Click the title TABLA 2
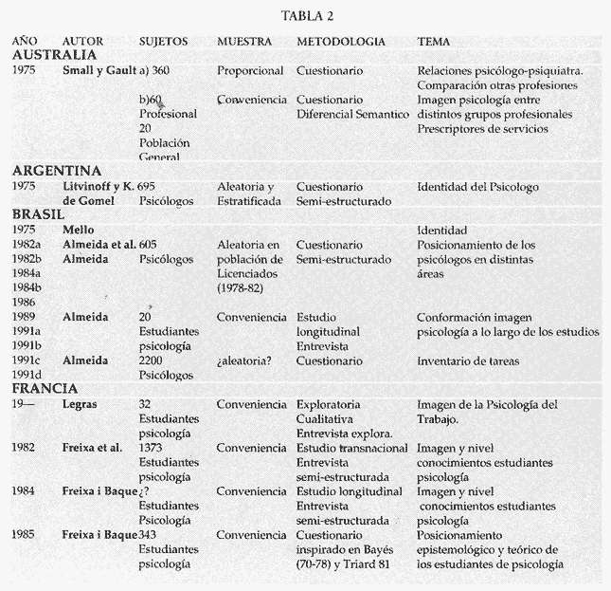[x=308, y=16]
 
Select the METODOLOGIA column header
[x=340, y=43]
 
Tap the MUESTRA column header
[x=243, y=43]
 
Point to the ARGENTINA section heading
[x=57, y=170]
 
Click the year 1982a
[x=29, y=245]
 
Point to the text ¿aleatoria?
[x=246, y=361]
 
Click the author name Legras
[x=81, y=404]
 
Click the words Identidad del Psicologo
[x=476, y=187]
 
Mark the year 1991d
[x=29, y=376]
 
